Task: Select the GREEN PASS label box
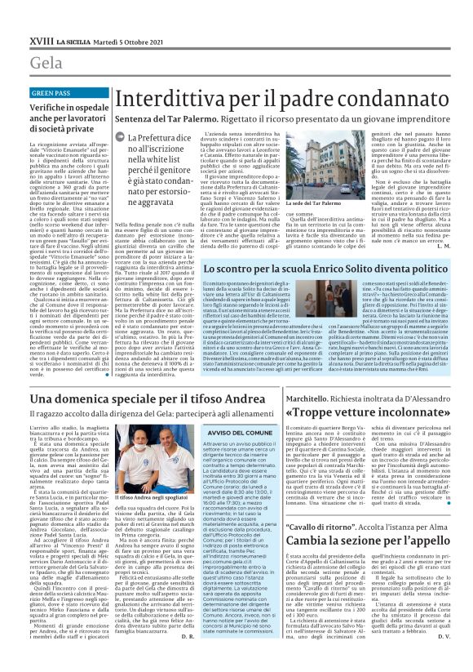[x=51, y=93]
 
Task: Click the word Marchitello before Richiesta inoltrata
[x=307, y=398]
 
